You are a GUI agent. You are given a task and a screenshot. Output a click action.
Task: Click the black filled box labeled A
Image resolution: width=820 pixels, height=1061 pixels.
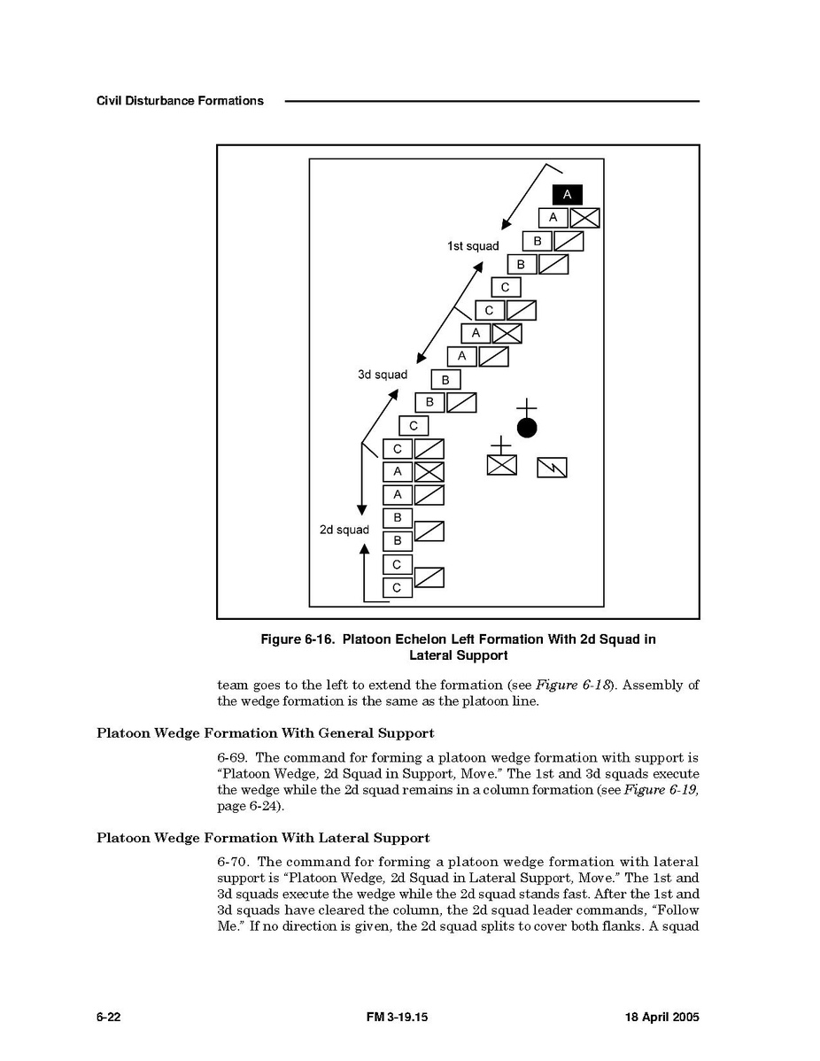[567, 195]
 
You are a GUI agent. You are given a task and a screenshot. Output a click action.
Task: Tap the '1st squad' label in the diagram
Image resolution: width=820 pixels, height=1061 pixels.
[473, 246]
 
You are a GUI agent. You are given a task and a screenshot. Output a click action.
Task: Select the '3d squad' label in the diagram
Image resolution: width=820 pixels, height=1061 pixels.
[383, 375]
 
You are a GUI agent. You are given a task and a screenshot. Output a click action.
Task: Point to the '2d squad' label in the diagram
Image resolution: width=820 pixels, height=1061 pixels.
[344, 530]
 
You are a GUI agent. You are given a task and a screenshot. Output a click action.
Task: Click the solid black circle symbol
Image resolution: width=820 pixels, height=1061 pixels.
[527, 429]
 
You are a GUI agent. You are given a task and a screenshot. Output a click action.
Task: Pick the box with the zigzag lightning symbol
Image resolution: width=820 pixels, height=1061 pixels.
[552, 467]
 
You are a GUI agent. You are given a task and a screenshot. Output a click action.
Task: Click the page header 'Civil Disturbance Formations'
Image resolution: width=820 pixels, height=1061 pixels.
[180, 101]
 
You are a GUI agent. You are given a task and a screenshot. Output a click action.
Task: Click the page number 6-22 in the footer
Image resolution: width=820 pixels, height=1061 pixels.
[108, 1018]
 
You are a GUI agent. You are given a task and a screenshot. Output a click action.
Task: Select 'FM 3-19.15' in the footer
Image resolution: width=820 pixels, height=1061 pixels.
[398, 1018]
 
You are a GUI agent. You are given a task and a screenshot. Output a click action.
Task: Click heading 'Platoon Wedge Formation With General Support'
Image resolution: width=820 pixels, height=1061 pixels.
[265, 733]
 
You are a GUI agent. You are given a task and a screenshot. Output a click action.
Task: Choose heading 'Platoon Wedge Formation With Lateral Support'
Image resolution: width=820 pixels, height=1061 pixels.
[263, 838]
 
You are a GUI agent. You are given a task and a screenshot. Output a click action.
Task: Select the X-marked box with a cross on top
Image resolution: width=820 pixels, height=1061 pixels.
[501, 463]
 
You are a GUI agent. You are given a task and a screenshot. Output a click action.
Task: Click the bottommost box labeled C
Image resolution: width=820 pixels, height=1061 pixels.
[397, 587]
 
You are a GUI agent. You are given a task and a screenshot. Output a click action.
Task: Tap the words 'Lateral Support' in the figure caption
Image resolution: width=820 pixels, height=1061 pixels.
[458, 656]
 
